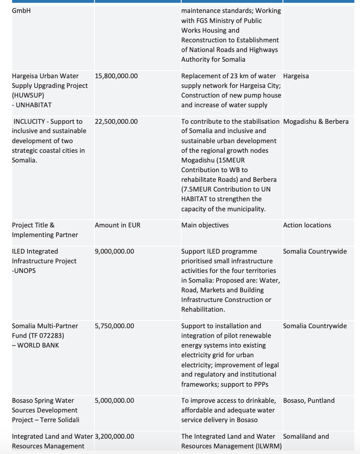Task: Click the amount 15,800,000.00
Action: [x=116, y=76]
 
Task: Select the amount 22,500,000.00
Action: [x=116, y=121]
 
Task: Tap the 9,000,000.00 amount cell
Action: [x=114, y=251]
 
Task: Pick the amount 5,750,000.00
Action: [x=114, y=326]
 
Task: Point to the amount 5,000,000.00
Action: [x=114, y=400]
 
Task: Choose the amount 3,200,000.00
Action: [x=114, y=436]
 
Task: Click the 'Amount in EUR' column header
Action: [x=117, y=225]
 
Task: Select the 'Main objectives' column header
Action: [x=205, y=225]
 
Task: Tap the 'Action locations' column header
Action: [x=307, y=225]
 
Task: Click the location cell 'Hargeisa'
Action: [x=296, y=76]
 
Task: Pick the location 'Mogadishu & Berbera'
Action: [x=316, y=121]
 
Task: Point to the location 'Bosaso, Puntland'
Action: [x=309, y=400]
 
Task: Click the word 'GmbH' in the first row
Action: [x=21, y=11]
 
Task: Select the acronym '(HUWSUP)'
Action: [x=28, y=95]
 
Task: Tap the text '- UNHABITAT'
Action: [x=32, y=105]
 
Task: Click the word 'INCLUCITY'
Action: [x=29, y=121]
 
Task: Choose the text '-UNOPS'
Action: [x=24, y=271]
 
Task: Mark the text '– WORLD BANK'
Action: [x=36, y=345]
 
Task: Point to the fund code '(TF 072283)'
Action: [x=46, y=335]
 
